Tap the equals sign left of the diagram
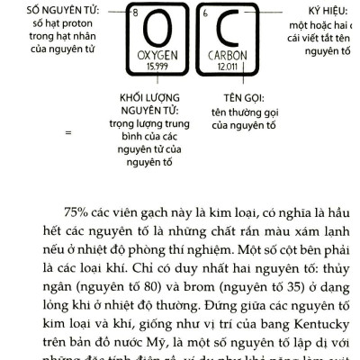coord(67,132)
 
